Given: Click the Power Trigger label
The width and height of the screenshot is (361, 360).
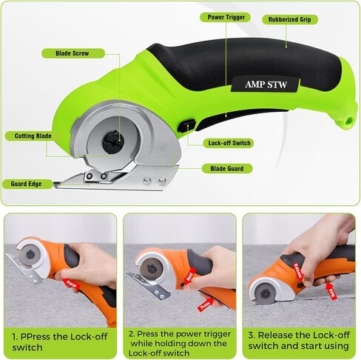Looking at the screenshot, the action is (226, 17).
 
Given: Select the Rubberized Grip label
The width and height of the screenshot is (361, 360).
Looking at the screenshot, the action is (290, 19).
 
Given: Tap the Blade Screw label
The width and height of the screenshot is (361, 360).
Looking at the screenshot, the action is (72, 53).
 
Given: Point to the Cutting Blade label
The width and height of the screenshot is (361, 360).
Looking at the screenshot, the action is (32, 136).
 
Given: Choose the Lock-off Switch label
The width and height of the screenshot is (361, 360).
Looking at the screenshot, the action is (229, 143).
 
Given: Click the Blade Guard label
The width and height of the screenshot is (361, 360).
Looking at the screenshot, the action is (227, 169).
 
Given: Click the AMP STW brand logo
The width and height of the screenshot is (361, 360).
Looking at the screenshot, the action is (266, 84).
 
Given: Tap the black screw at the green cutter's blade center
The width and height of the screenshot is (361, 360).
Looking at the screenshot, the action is (114, 141).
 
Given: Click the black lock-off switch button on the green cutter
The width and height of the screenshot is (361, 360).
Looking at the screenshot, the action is (187, 126).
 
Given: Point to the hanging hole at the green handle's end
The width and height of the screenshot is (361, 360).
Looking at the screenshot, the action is (348, 121).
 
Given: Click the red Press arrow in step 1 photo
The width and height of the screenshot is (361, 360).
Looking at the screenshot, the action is (72, 284).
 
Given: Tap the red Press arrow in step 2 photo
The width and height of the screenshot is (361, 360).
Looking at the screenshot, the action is (205, 305).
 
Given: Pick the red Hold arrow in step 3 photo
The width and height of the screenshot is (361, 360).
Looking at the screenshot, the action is (331, 291).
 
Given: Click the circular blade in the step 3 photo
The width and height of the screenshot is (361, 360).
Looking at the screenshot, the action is (265, 293).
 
